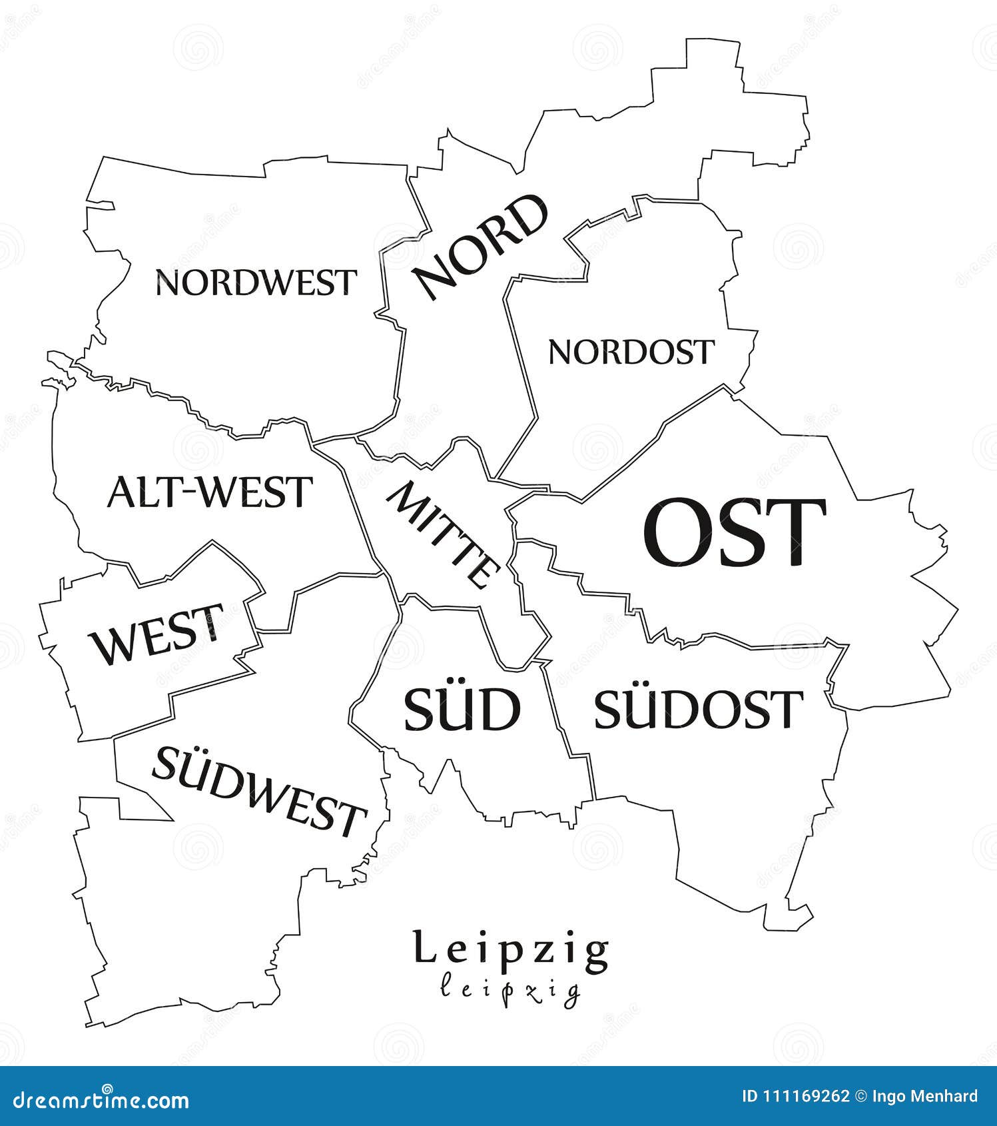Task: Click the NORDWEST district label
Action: (x=256, y=282)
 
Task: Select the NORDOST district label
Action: (x=631, y=352)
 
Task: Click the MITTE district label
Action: (x=444, y=535)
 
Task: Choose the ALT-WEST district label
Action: (x=210, y=492)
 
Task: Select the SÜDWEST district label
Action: (x=260, y=792)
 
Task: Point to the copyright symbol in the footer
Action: (x=860, y=1096)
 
